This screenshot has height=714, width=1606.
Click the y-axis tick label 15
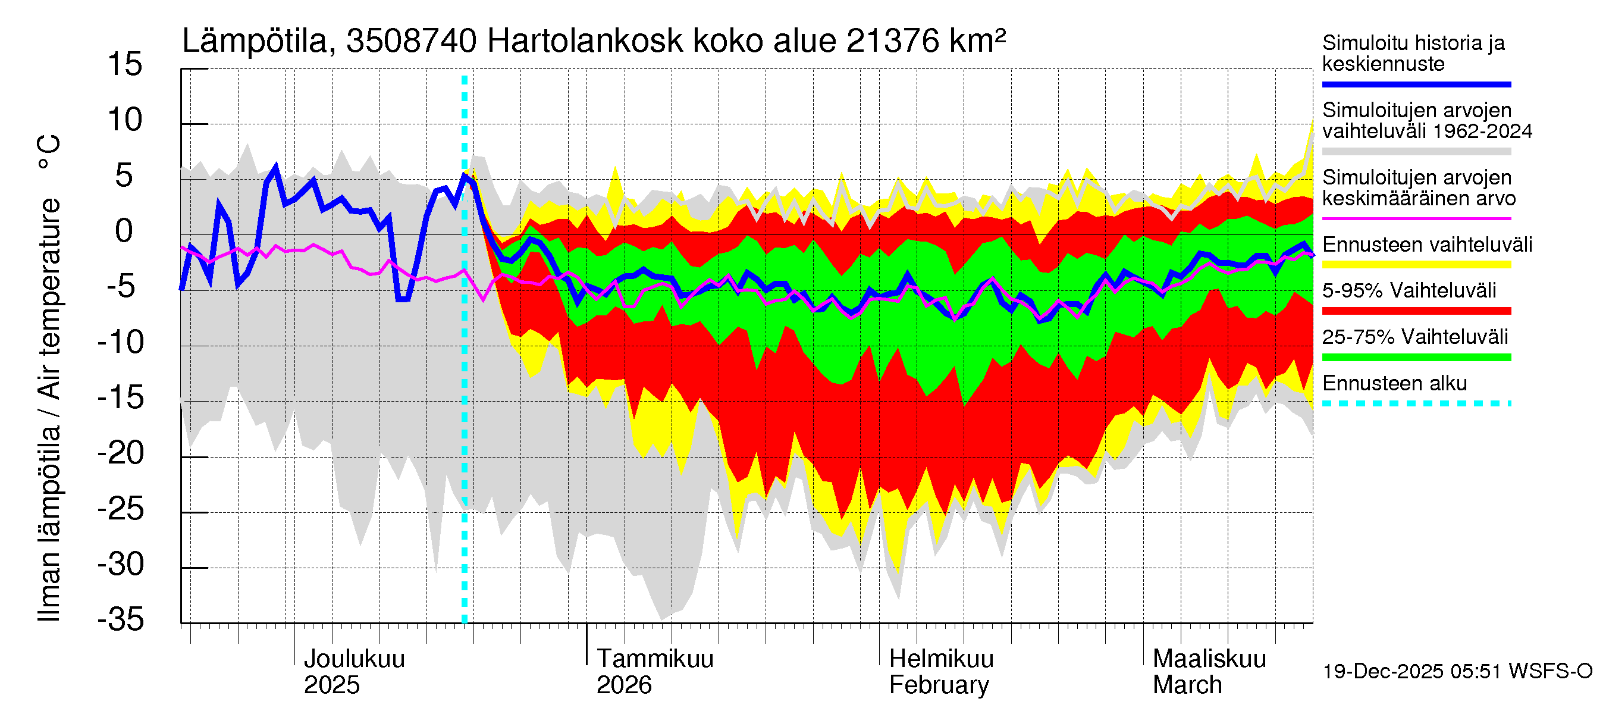click(125, 65)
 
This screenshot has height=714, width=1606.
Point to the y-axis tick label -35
click(121, 620)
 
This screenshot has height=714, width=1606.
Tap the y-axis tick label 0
click(124, 231)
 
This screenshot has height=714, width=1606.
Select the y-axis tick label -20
click(121, 453)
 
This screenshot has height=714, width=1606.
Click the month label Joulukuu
click(353, 659)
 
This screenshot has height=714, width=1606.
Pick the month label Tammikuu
click(655, 659)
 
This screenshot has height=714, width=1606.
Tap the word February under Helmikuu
click(938, 685)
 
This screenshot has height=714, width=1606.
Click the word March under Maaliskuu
click(1187, 685)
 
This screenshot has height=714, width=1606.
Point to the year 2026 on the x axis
click(623, 685)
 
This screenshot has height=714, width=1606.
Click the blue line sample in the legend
click(1416, 84)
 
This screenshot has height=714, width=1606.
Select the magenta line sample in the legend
click(1416, 219)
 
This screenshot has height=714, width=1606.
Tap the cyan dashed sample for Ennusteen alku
click(1416, 403)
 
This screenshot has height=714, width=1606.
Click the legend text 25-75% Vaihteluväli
click(1414, 337)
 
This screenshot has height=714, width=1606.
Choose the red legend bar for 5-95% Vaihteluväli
click(1416, 311)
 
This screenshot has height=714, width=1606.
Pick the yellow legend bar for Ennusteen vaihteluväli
click(1416, 264)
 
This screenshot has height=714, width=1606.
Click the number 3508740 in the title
click(411, 42)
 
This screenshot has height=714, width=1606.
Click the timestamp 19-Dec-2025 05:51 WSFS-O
click(1457, 672)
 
